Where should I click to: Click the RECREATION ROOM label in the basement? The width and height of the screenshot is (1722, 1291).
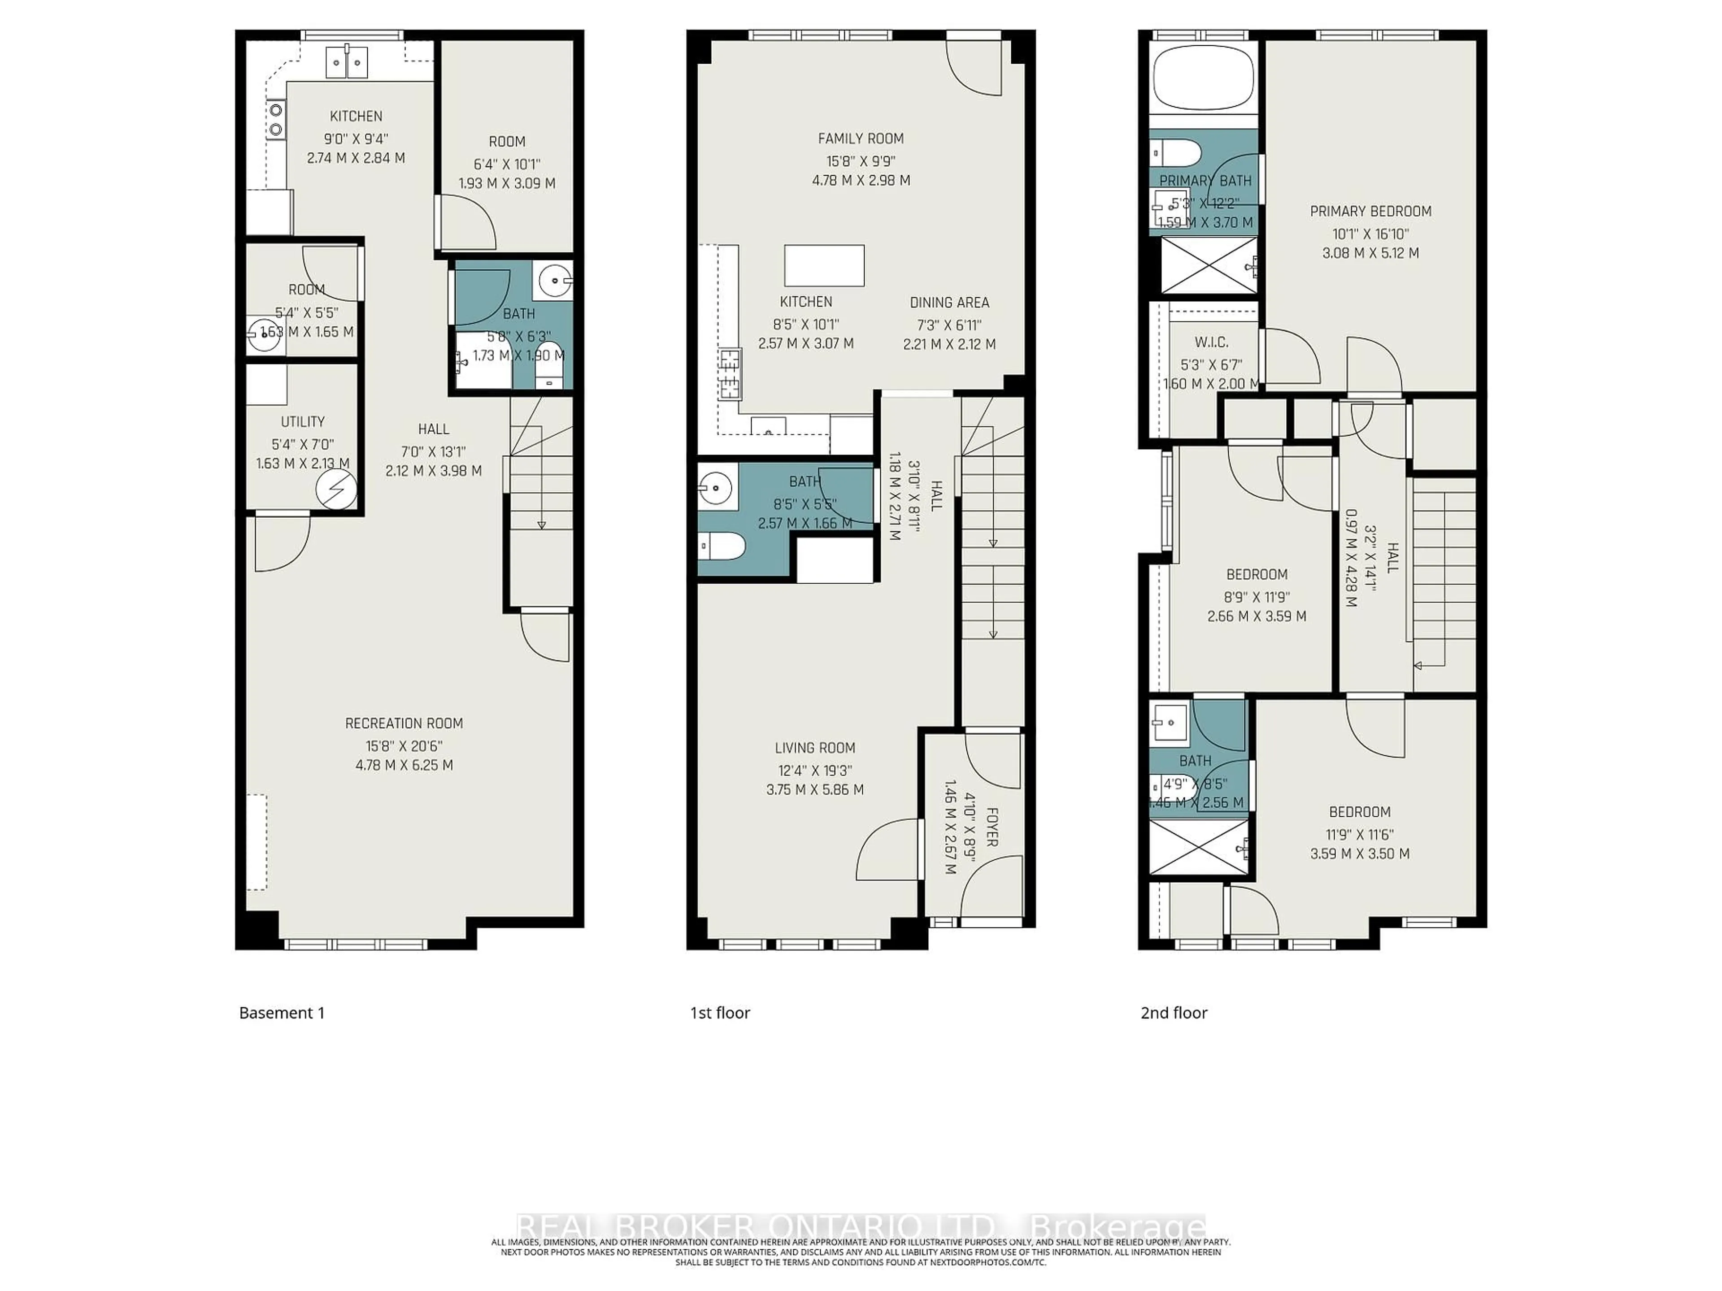pos(404,723)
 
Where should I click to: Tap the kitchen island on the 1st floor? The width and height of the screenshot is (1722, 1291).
pos(824,265)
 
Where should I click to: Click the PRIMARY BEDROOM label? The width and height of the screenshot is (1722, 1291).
pos(1370,211)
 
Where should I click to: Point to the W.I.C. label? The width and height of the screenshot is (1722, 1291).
pos(1211,342)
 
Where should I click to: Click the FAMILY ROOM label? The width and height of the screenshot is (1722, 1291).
pos(860,139)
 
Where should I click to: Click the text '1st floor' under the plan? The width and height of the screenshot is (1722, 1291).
pos(719,1013)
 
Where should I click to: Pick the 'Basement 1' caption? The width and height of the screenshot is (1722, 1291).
pos(281,1013)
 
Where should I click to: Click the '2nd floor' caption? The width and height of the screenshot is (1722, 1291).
pos(1173,1013)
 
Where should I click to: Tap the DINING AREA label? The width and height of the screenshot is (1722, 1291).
pos(949,303)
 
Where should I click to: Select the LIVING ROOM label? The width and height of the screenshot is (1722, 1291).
pos(814,748)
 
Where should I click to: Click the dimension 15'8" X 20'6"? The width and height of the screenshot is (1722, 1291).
pos(404,745)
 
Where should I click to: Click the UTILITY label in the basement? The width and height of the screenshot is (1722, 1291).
pos(302,422)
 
